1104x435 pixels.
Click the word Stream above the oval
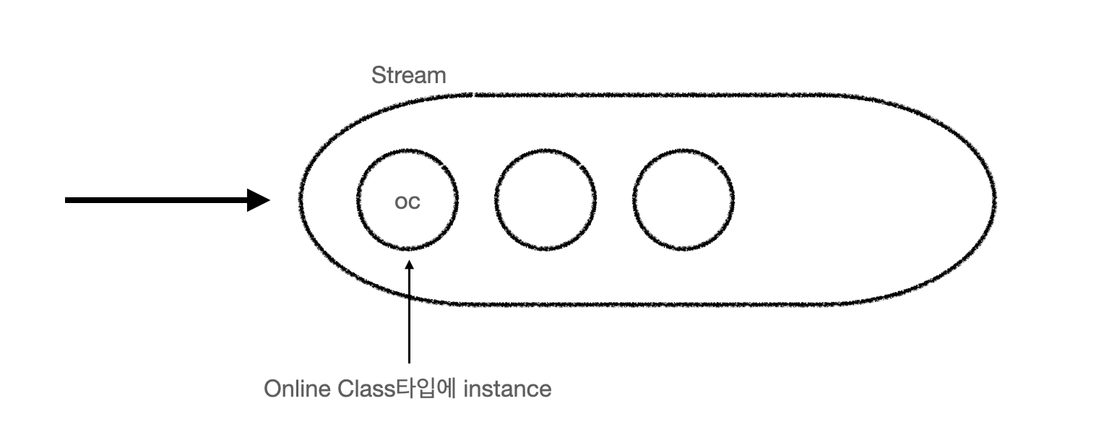coord(408,75)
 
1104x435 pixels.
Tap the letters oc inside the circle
coord(407,202)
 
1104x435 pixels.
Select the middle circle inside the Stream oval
coord(545,199)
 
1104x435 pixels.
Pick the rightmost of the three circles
coord(683,199)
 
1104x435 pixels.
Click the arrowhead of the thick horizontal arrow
coord(259,200)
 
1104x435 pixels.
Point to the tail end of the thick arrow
coord(67,200)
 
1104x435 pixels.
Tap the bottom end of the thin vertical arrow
coord(409,361)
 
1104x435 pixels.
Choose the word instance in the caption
coord(507,389)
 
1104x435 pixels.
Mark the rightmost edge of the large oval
coord(996,199)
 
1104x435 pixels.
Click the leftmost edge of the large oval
coord(299,199)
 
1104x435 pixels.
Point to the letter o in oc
coord(401,202)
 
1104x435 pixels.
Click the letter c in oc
coord(413,202)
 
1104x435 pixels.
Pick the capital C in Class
coord(346,389)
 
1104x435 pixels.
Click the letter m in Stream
coord(437,76)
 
